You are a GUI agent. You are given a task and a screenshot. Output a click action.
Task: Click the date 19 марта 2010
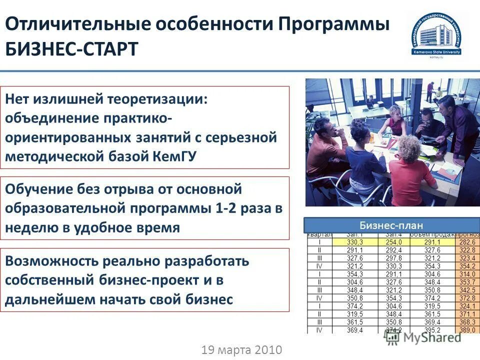click(242, 349)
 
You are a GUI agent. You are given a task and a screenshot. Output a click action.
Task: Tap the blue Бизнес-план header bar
click(391, 225)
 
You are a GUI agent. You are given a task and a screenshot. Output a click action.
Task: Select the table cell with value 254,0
click(391, 242)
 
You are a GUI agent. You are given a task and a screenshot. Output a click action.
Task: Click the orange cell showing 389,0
click(467, 330)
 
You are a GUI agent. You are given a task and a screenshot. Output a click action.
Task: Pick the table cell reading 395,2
click(432, 330)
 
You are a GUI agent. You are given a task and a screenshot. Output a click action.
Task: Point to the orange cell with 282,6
click(467, 242)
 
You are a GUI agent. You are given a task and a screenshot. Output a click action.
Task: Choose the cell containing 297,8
click(391, 258)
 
